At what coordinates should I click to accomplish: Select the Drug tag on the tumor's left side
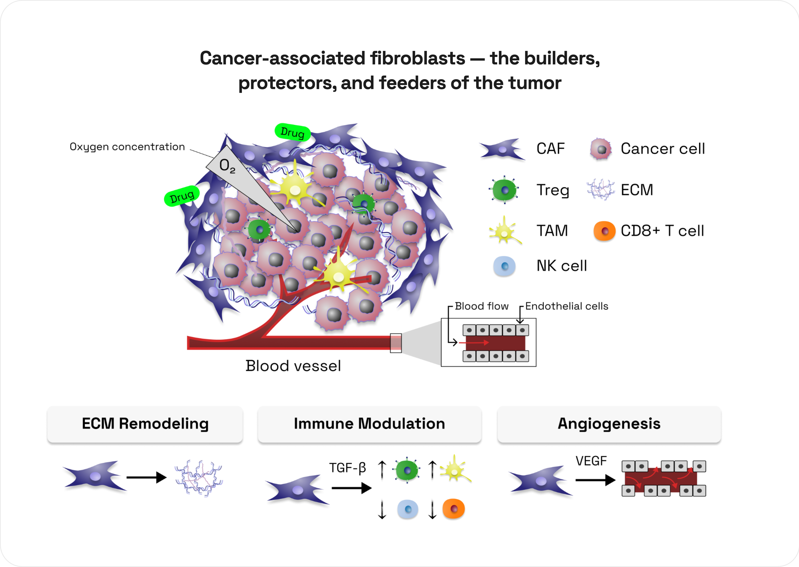coord(182,196)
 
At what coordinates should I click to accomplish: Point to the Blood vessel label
coord(293,366)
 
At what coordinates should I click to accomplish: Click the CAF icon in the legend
coord(502,150)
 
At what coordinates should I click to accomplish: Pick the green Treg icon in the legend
coord(504,190)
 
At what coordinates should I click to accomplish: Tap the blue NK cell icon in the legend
coord(504,266)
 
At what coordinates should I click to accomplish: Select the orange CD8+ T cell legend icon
coord(604,231)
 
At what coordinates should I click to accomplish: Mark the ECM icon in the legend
coord(601,190)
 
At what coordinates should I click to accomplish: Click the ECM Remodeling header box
coord(145,424)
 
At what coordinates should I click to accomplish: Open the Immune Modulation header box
coord(369,424)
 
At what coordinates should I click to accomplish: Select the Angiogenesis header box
coord(609,424)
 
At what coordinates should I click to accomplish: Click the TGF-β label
coord(348,468)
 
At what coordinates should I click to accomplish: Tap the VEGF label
coord(591,461)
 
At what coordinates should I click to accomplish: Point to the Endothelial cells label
coord(567,306)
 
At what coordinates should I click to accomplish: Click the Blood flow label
coord(481,306)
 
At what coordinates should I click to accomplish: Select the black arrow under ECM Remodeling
coord(146,477)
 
